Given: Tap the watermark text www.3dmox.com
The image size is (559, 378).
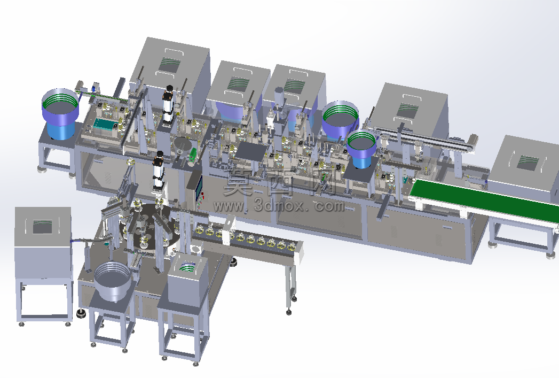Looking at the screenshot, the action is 279,206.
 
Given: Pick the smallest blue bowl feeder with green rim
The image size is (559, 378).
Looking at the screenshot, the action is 361,149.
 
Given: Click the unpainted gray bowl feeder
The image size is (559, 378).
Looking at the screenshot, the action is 113,280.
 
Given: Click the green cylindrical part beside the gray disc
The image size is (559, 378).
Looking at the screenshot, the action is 193,154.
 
